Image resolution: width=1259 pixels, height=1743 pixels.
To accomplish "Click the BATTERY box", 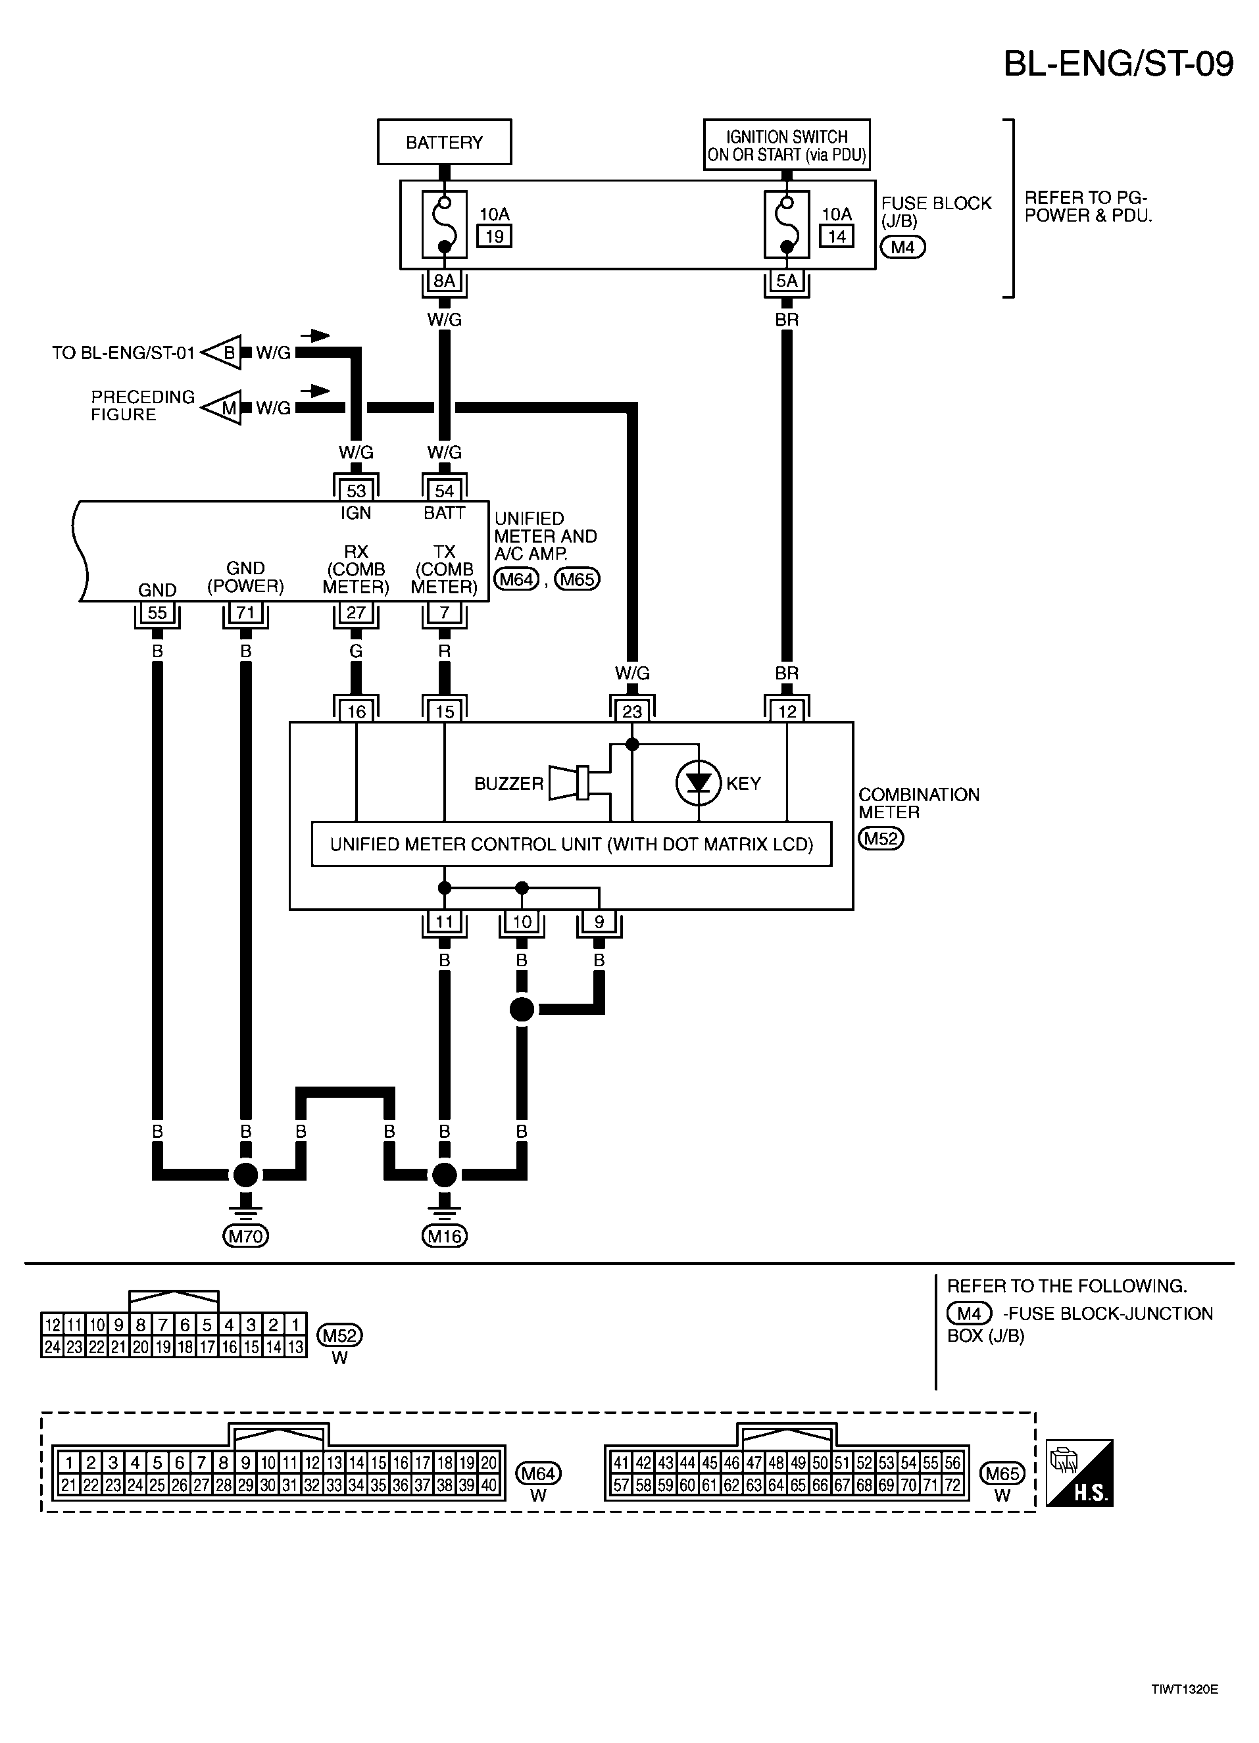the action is tap(444, 142).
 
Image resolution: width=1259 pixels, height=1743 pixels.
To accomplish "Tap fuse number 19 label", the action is tap(494, 236).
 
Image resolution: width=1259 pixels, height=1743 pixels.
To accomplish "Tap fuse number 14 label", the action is tap(837, 236).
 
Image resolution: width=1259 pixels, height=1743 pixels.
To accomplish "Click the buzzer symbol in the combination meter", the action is tap(569, 783).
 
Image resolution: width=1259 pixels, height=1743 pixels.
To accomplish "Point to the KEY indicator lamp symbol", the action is tap(698, 783).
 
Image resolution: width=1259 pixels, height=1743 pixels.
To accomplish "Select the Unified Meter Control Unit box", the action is tap(571, 845).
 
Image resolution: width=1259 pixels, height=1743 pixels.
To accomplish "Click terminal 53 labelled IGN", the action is tap(356, 490).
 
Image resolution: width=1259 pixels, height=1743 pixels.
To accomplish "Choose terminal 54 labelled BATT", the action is tap(444, 490).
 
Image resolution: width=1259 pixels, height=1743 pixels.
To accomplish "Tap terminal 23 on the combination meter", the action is tap(632, 712).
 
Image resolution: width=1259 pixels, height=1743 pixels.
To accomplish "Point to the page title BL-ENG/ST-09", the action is tap(1118, 64).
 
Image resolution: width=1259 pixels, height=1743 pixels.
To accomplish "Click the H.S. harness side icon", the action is tap(1079, 1473).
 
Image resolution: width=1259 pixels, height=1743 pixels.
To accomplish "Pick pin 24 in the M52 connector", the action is tap(52, 1346).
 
